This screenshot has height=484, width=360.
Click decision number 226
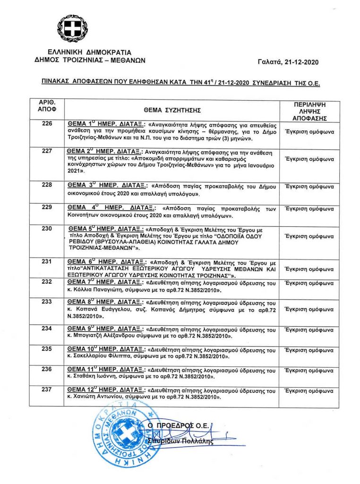click(46, 124)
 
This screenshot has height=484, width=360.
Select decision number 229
click(46, 207)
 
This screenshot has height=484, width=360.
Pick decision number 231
click(46, 260)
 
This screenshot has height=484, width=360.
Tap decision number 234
click(46, 328)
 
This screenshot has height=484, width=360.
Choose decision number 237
click(46, 389)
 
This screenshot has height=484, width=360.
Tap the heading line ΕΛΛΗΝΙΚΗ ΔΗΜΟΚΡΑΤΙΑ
click(89, 52)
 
